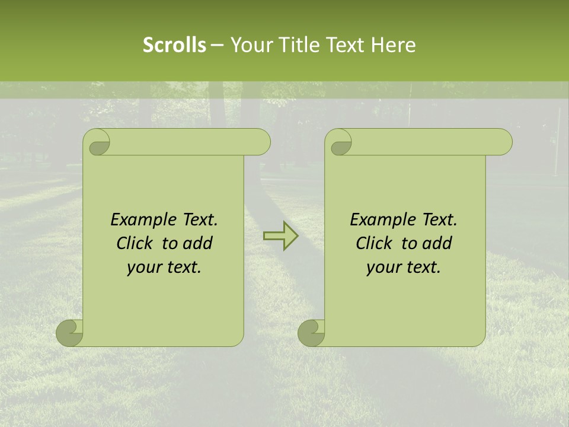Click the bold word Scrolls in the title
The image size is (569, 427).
174,45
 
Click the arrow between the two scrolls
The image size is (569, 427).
280,236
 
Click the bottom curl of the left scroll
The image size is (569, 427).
69,333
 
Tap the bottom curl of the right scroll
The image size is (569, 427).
311,333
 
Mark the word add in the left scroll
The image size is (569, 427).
198,243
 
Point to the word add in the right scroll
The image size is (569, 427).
437,243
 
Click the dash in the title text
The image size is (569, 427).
218,45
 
